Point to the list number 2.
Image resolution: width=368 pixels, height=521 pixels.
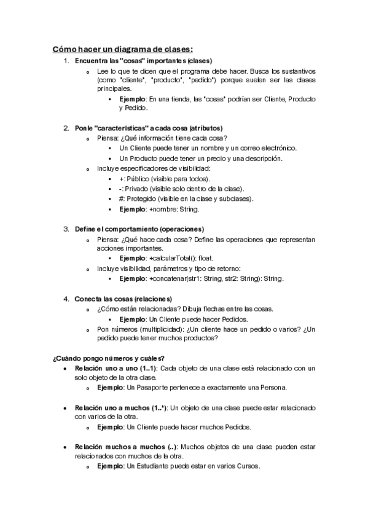[66, 128]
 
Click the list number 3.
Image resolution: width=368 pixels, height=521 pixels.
[66, 229]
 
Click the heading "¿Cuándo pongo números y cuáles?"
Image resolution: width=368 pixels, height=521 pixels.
[108, 358]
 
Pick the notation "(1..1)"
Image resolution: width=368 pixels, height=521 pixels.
[146, 368]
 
